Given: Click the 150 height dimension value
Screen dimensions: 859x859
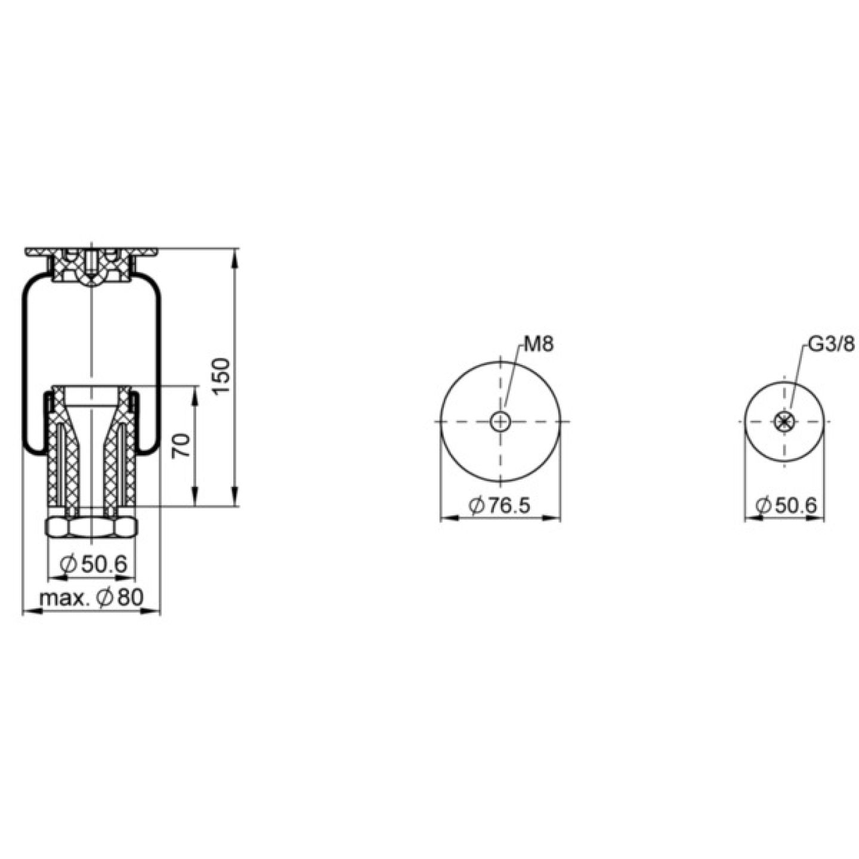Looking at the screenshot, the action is pos(221,376).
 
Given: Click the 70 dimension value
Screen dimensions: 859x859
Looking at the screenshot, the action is pos(182,446).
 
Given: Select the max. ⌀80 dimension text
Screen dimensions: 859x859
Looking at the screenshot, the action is pos(92,597).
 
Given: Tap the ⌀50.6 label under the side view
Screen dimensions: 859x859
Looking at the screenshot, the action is pos(93,564).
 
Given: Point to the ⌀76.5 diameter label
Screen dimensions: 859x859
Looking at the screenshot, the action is pos(500,505).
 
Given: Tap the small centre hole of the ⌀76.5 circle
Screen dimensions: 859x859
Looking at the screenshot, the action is pos(500,422).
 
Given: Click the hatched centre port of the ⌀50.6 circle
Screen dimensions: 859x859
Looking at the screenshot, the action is pos(784,421).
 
